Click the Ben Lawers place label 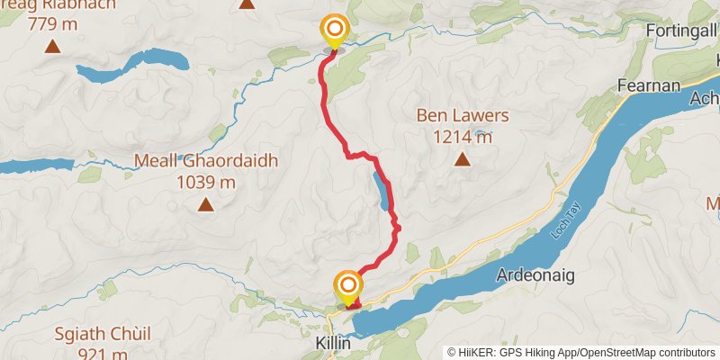coord(463,116)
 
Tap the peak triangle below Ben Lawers coord(463,160)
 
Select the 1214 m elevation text coord(463,137)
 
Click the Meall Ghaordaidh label coord(206,161)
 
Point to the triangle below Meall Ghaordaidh coord(206,205)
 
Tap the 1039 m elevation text coord(206,182)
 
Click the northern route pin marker coord(335,30)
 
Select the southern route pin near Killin coord(347,287)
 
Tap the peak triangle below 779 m coord(53,46)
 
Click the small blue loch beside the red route coord(382,190)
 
